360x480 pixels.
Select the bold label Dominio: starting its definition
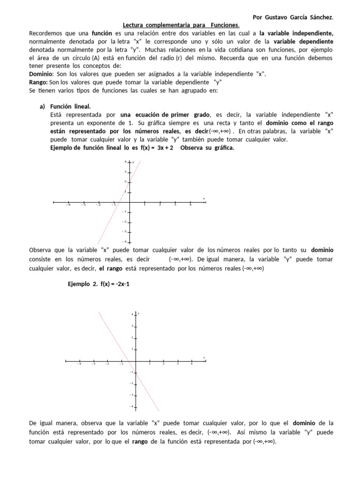(x=41, y=74)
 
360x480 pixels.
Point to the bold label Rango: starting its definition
(x=38, y=82)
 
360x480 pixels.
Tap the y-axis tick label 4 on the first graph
(x=125, y=162)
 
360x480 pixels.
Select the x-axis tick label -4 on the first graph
(x=68, y=205)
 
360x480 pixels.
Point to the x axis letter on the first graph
(x=203, y=198)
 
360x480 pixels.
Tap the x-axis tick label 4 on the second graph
(x=192, y=364)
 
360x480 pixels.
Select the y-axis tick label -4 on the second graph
(x=132, y=406)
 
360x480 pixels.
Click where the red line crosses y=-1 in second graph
(x=135, y=373)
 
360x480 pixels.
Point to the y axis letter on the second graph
(x=139, y=313)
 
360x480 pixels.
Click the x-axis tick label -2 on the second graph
(x=107, y=364)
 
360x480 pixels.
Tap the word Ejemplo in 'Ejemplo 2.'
(x=79, y=285)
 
